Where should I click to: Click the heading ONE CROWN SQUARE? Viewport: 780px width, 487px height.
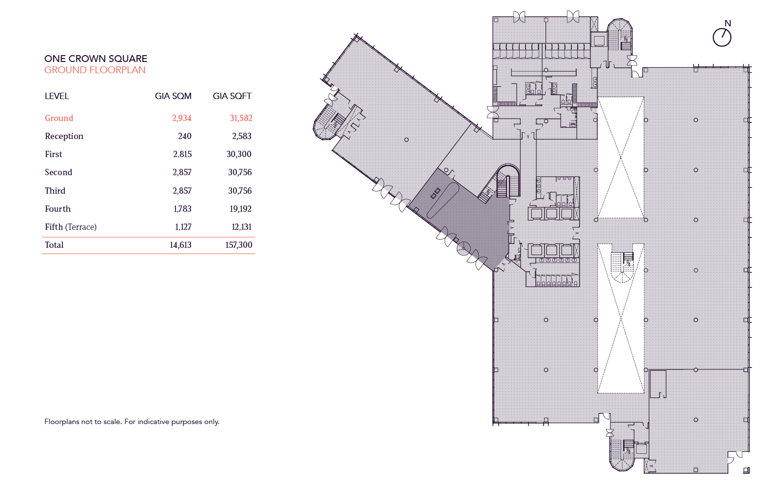96,59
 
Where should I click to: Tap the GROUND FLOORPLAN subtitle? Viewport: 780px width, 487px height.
95,70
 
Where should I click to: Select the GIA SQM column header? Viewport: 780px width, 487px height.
173,96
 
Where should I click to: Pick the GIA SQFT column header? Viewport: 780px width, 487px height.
232,96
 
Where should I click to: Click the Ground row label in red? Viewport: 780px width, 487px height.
59,118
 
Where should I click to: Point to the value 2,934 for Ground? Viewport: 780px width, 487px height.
181,118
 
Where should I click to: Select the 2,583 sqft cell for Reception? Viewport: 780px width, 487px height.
241,136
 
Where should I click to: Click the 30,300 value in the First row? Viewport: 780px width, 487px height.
239,154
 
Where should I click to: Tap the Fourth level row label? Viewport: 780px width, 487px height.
58,209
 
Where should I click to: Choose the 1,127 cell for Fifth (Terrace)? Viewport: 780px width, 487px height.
183,227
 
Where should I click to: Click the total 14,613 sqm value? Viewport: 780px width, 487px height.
180,245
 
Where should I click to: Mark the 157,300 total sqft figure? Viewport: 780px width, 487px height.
239,245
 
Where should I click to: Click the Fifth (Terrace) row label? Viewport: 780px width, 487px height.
71,227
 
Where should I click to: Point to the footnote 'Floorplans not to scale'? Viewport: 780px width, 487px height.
132,422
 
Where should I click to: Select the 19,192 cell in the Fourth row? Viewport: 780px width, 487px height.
240,209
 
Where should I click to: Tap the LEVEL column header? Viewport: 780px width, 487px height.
57,96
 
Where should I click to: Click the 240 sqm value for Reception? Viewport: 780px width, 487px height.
185,136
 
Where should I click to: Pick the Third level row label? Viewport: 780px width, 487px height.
55,191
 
